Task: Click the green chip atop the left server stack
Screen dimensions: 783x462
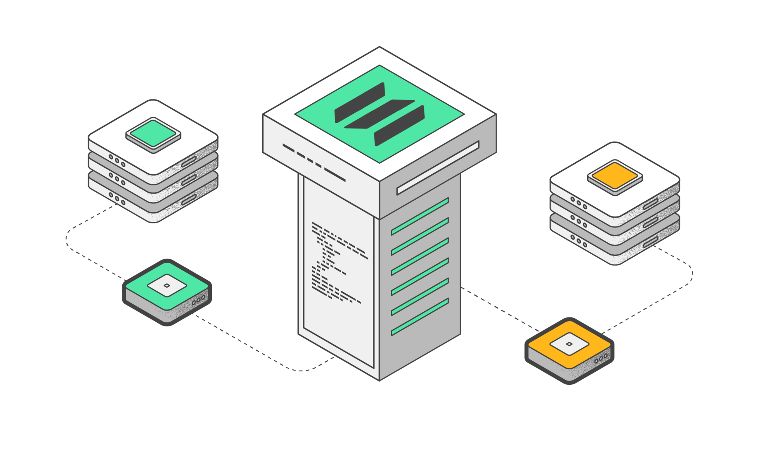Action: click(153, 133)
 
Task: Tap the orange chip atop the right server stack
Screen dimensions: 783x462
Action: click(615, 176)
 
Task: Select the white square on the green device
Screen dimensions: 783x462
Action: click(167, 285)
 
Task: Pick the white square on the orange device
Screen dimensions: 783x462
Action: click(569, 344)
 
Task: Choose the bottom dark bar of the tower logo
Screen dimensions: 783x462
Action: click(399, 126)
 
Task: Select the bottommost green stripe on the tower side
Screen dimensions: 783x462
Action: click(420, 317)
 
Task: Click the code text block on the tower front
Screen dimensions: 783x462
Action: click(336, 262)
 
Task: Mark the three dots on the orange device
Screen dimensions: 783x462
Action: click(601, 358)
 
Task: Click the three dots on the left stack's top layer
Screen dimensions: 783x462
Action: click(117, 161)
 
